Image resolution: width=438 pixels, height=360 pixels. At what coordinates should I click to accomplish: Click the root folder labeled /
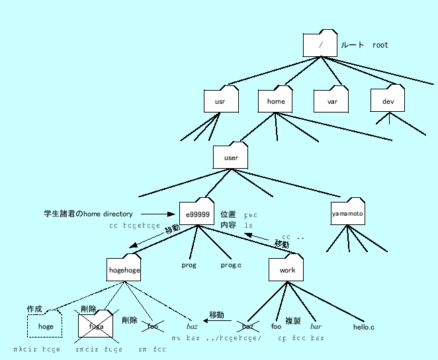(320, 45)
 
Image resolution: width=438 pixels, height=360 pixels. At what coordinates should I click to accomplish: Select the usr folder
(220, 101)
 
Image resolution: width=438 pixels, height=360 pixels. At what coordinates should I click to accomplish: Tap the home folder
(275, 101)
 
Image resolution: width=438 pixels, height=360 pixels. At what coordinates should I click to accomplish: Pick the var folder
(331, 101)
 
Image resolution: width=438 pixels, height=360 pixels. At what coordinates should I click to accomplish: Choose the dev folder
(388, 101)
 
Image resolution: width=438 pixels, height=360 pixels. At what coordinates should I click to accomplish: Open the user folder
(231, 157)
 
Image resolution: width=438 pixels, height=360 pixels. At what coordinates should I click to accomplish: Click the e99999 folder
(197, 214)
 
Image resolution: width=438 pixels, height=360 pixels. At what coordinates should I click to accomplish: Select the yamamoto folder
(348, 214)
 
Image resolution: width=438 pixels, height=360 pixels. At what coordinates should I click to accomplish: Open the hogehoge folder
(124, 270)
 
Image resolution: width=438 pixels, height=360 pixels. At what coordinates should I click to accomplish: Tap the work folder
(286, 270)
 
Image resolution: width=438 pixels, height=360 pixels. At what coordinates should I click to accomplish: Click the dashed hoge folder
(45, 326)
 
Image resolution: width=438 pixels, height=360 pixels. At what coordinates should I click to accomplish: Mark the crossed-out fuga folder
(97, 326)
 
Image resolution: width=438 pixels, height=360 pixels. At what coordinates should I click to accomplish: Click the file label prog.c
(231, 265)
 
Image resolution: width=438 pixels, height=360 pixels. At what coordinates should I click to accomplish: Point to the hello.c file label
(363, 327)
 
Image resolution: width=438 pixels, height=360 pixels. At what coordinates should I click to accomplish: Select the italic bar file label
(316, 327)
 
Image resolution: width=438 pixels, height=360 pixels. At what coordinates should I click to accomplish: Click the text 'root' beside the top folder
(380, 46)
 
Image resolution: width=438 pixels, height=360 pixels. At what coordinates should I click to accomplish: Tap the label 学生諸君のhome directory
(89, 214)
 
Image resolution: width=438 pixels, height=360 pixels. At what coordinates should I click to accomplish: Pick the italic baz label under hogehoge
(193, 327)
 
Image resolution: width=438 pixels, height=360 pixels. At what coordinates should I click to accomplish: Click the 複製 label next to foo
(292, 321)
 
